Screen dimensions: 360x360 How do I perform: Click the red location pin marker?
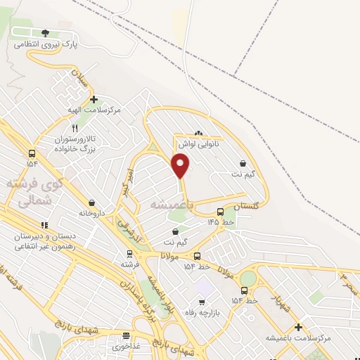181,165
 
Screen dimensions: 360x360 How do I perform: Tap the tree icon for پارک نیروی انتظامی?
46,32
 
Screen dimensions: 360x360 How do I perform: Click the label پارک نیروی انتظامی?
46,44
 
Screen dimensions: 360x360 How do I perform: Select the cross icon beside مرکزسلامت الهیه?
94,99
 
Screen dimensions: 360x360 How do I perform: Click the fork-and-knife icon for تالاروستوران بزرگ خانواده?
75,128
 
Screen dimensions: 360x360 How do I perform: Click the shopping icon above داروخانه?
92,202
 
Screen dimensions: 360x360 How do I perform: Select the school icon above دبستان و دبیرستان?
44,226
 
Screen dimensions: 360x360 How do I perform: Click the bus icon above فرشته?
129,253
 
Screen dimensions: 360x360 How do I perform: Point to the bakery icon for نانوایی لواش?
198,133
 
